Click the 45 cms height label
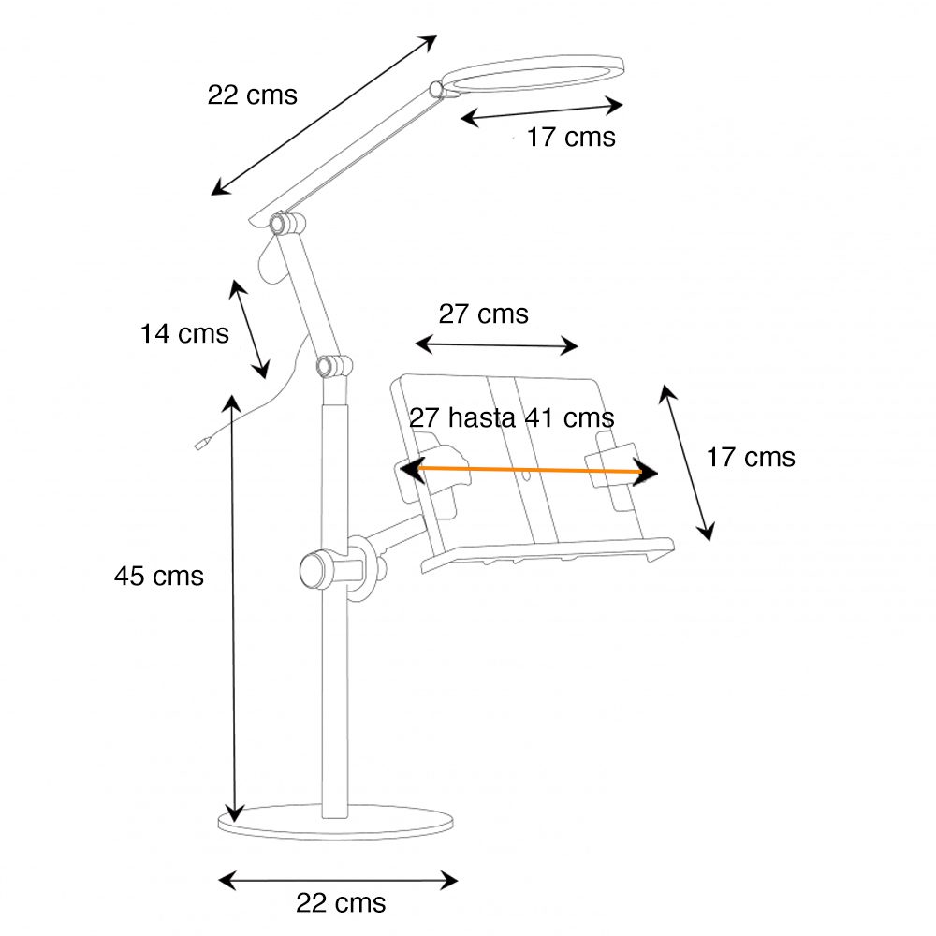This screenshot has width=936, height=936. pos(158,576)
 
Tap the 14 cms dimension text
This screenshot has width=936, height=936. pos(184,333)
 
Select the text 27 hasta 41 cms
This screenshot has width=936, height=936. pos(511,417)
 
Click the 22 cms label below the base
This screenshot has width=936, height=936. pos(341,902)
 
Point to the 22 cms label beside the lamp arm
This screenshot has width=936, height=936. pos(252,95)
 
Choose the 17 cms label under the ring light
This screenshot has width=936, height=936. pos(570,138)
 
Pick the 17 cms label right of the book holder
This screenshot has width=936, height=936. pos(750,458)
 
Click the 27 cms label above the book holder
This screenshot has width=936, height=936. pos(483,314)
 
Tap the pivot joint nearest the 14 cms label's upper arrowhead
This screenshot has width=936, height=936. pos(279,224)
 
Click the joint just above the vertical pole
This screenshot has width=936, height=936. pos(328,365)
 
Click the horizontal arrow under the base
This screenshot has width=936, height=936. pos(338,880)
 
